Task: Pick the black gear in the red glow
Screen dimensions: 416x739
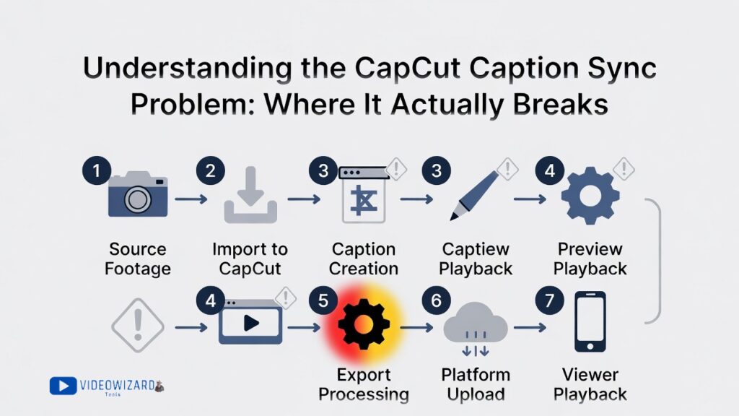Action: [364, 325]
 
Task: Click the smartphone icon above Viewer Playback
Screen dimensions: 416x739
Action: [589, 322]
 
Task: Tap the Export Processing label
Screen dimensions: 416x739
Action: [364, 385]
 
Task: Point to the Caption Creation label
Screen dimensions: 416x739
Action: [364, 259]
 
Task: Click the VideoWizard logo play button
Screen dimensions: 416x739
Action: [63, 386]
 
